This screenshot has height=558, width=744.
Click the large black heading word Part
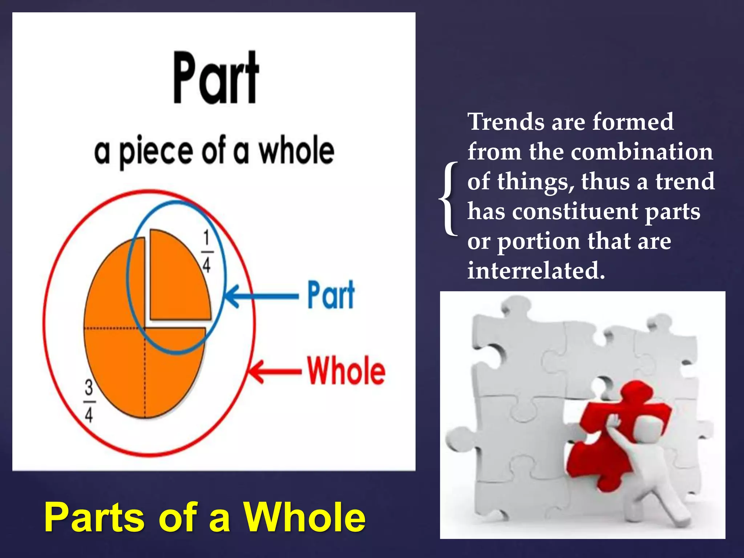coord(216,78)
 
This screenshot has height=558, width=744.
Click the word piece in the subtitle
coord(156,152)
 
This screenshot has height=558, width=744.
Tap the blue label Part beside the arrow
coord(331,295)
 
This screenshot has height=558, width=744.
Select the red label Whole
coord(346,371)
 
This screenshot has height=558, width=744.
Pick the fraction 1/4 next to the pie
coord(207,252)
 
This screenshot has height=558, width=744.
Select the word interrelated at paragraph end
coord(535,271)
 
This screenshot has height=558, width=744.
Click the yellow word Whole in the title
coord(304,518)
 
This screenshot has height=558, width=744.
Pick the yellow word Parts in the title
coord(95,518)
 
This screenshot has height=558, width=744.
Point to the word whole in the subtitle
coord(296,151)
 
